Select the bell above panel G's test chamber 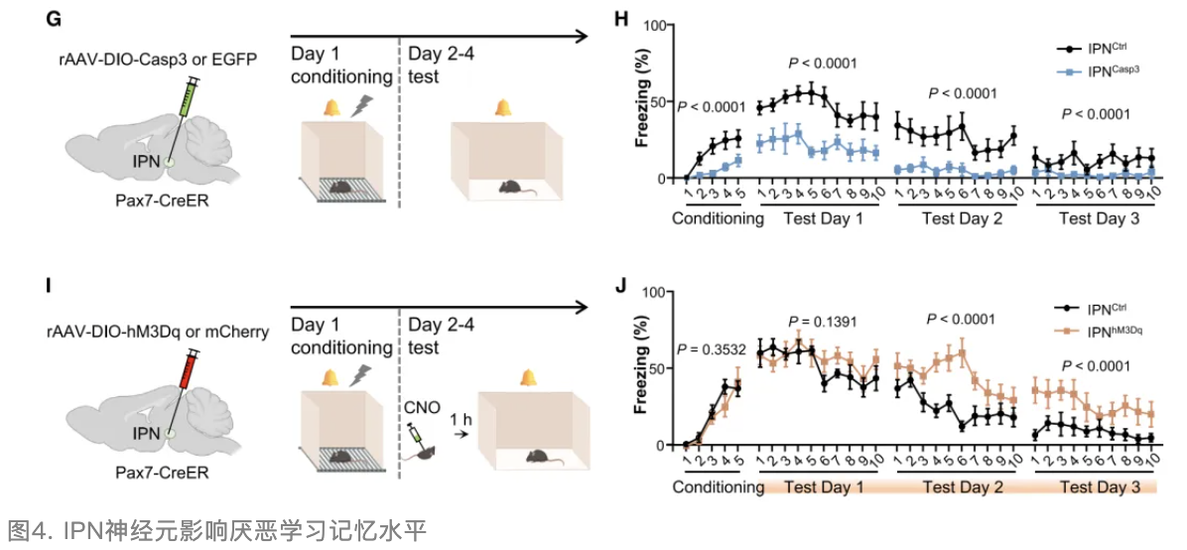[x=504, y=107]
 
